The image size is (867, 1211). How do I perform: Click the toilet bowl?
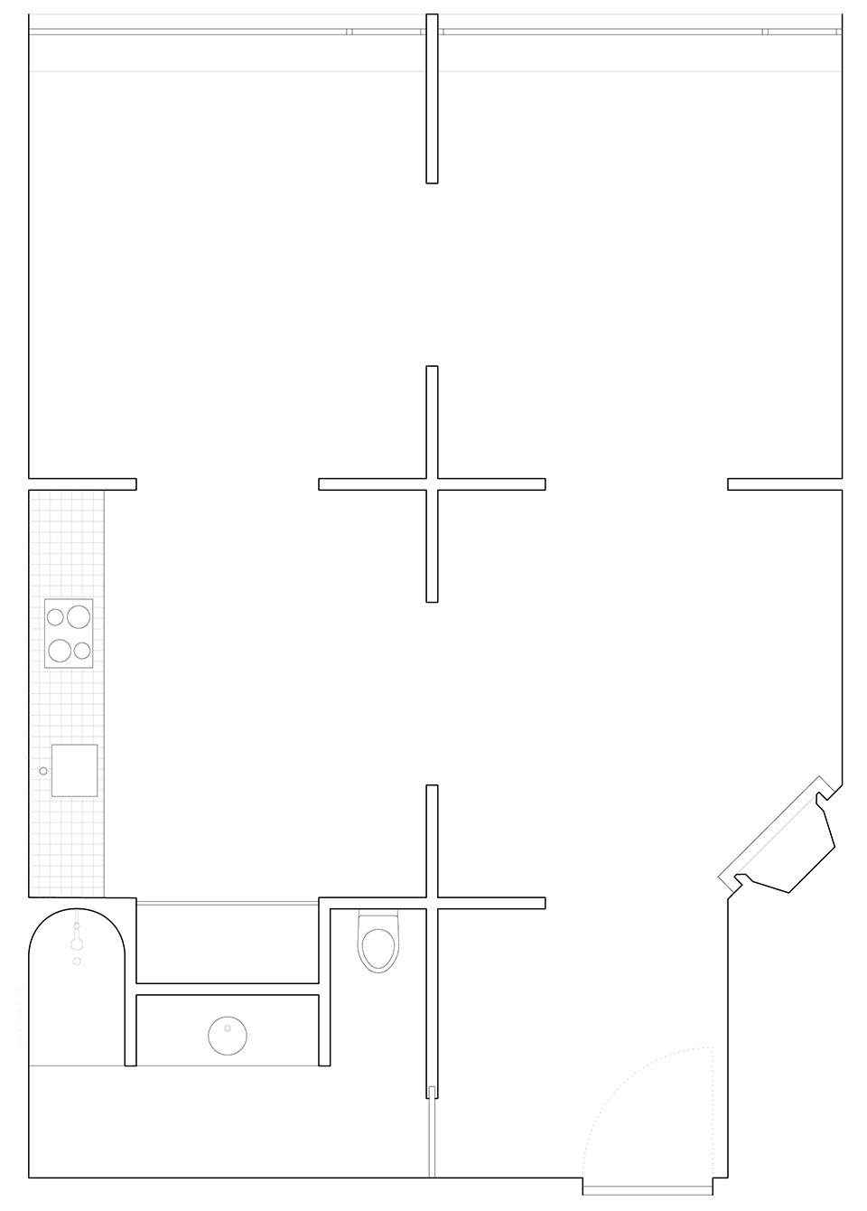378,945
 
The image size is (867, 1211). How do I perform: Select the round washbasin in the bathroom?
228,1036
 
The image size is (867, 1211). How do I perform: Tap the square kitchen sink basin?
74,770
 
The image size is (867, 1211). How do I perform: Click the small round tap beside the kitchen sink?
42,771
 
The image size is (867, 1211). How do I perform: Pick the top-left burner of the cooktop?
56,617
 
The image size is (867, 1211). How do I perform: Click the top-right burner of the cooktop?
79,617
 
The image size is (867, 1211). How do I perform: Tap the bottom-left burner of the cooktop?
61,650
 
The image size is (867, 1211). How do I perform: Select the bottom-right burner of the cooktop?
82,650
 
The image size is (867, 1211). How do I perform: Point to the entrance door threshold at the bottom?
650,1187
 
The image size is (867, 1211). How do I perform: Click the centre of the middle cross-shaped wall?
432,484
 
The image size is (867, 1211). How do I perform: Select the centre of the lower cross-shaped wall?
432,903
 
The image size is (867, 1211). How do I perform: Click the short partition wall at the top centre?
432,99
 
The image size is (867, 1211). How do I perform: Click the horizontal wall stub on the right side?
784,484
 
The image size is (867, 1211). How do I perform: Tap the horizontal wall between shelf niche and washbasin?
228,989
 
